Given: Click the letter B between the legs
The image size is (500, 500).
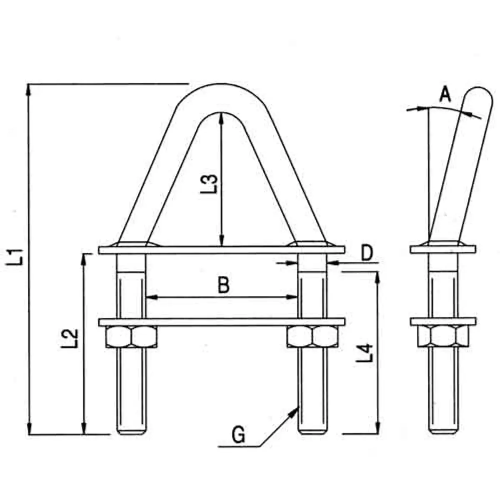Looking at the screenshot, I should pos(224,286).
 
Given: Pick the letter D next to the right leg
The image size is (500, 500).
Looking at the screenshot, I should pos(366,254).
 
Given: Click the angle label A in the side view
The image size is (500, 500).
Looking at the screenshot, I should pos(445,95).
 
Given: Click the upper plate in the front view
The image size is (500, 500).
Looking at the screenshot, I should pos(222,250).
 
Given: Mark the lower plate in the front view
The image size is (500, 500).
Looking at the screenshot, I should pos(222,322).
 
